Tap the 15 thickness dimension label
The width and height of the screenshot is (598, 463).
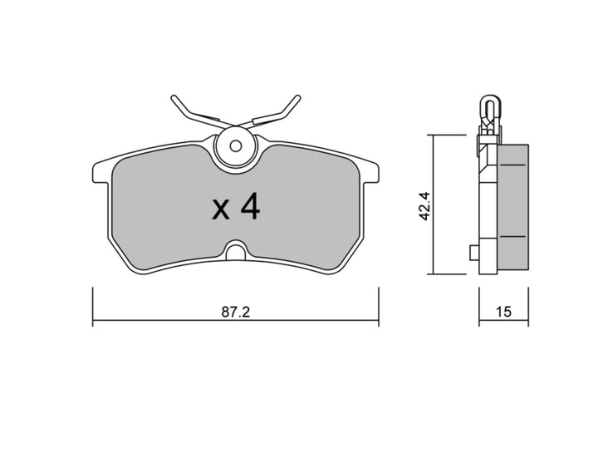click(x=502, y=312)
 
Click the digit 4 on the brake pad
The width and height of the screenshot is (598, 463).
click(x=249, y=208)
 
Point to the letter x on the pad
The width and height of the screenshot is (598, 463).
click(x=221, y=211)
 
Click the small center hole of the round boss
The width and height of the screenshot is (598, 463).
click(x=235, y=145)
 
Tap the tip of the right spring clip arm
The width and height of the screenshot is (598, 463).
click(x=297, y=98)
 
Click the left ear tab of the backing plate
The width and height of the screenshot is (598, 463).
click(x=98, y=170)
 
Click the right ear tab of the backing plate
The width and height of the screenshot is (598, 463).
click(x=373, y=170)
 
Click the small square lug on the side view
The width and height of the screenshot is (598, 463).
click(x=473, y=252)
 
